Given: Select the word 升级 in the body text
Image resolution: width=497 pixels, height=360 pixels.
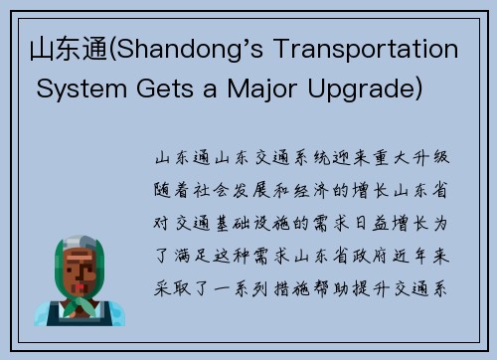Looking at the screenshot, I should tap(433, 158).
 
